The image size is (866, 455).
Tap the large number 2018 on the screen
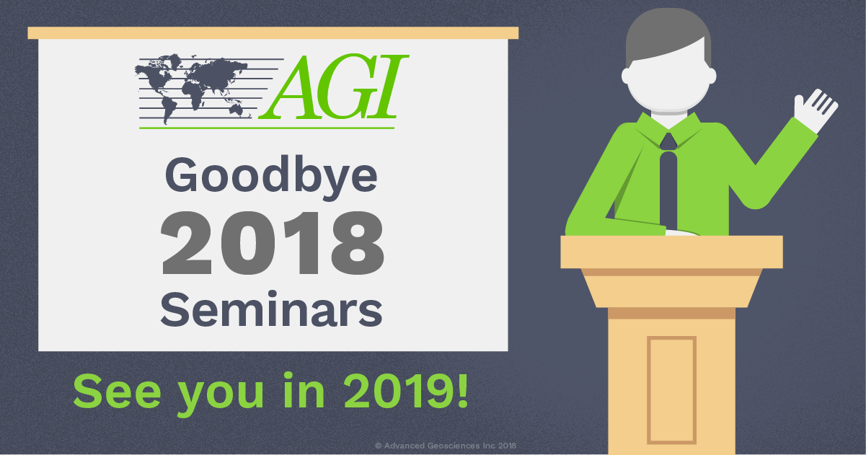pos(273,244)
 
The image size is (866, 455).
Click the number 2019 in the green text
pos(399,392)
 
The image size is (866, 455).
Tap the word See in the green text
pos(117,392)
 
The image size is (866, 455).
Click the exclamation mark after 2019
pos(463,390)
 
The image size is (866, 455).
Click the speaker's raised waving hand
pos(815,110)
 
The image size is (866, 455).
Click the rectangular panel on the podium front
pos(672,390)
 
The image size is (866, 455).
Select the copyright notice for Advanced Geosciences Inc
pos(446,446)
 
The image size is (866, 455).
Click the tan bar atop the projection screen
pos(273,33)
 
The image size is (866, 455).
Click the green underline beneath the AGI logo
pos(267,128)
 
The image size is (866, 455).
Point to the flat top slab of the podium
pos(671,252)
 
